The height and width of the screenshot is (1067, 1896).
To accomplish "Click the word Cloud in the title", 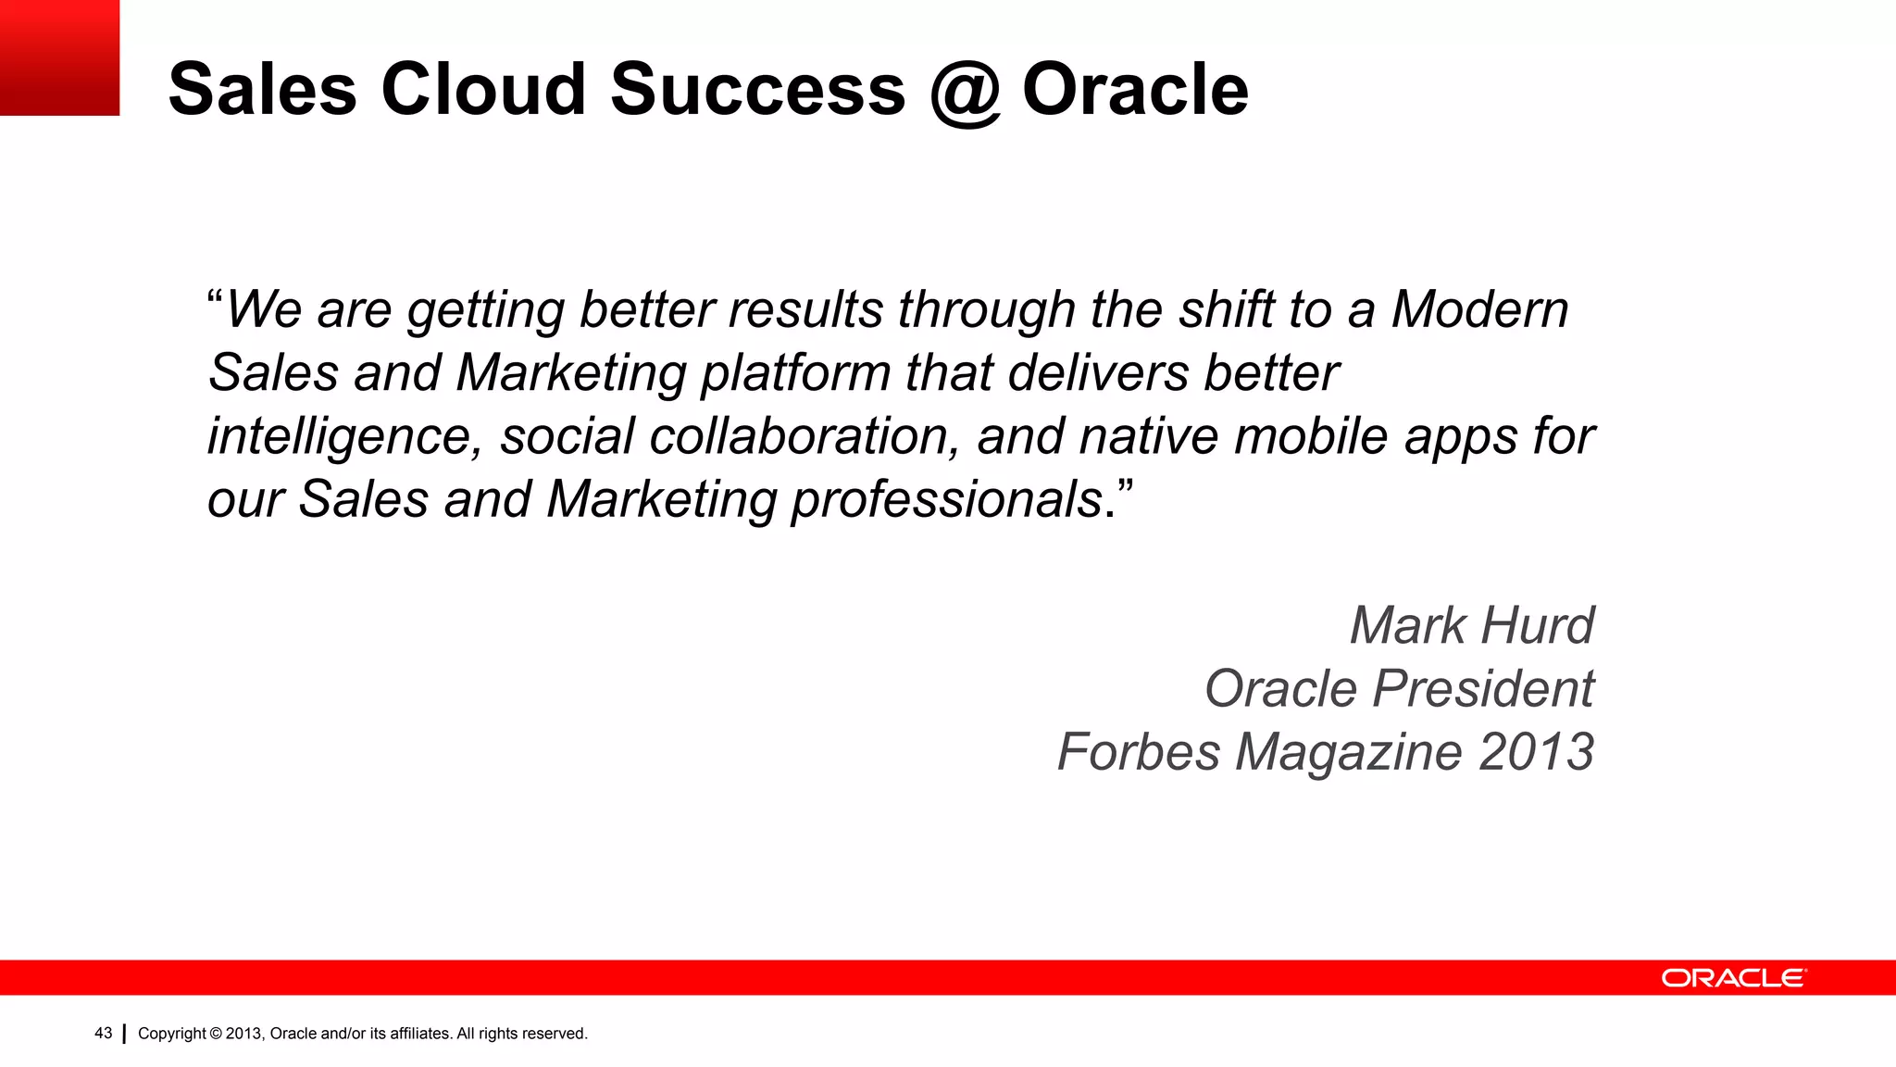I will [483, 89].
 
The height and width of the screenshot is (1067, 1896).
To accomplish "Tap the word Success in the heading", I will [757, 89].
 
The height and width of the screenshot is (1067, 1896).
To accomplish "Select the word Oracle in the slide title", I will [1135, 89].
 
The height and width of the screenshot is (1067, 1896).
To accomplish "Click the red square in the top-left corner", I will [59, 57].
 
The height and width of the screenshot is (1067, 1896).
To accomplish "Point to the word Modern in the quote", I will [1479, 309].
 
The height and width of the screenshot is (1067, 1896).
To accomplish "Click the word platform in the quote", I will [794, 374].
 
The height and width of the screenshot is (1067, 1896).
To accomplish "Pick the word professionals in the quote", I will [946, 500].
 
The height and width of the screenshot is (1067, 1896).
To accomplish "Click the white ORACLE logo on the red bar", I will [1732, 978].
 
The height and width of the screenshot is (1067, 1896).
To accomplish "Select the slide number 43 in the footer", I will [104, 1033].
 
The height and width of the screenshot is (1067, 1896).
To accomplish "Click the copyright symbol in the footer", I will [216, 1034].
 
